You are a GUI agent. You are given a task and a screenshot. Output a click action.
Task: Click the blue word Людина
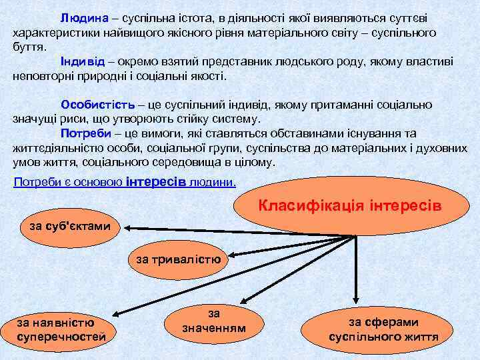click(x=82, y=15)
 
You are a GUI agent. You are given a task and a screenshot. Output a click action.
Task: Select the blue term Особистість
click(x=97, y=105)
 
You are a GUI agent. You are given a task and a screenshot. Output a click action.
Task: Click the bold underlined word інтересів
click(x=160, y=181)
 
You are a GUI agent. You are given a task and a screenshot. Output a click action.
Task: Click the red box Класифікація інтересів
click(x=349, y=203)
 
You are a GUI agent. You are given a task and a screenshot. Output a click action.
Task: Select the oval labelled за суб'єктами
click(x=69, y=227)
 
